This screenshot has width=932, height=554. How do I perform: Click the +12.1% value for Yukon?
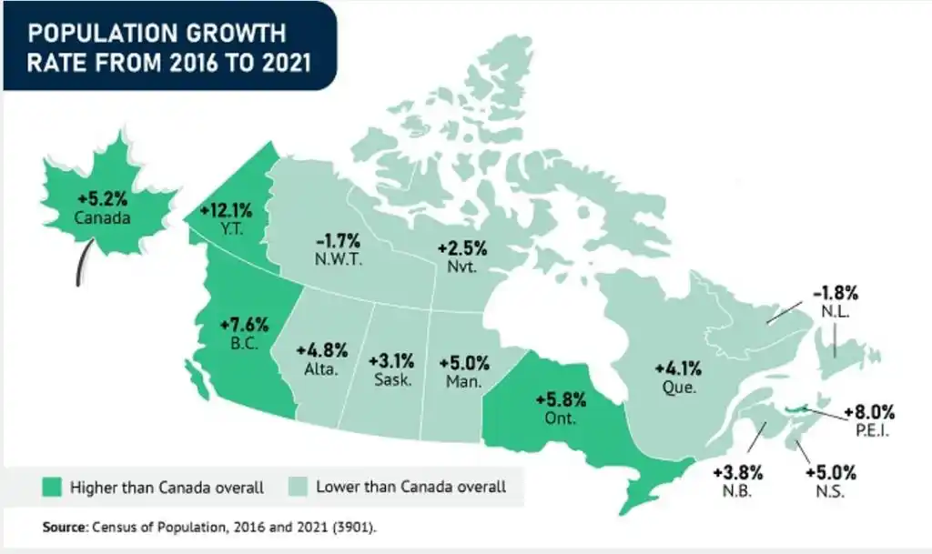[x=227, y=209]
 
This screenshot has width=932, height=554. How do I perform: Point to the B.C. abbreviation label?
[x=246, y=345]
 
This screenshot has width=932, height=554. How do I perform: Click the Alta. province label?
[x=321, y=370]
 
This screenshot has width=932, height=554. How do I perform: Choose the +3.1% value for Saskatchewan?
[x=391, y=358]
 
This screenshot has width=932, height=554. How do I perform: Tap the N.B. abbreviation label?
[x=737, y=491]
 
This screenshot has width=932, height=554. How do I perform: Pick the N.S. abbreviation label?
[x=830, y=491]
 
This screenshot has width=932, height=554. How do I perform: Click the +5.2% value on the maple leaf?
[x=103, y=198]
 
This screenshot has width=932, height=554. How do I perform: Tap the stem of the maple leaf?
[x=84, y=264]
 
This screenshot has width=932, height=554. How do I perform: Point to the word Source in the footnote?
[x=65, y=527]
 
